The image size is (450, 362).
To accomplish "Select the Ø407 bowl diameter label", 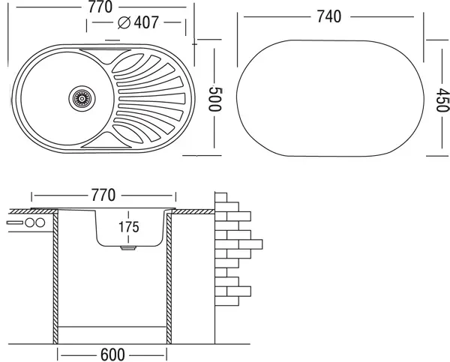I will coord(139,22).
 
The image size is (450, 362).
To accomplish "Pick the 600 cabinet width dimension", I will coord(114,353).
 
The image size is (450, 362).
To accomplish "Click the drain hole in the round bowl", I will coord(81,97).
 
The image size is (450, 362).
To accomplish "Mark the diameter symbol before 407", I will coord(124,22).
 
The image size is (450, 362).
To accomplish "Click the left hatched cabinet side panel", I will coord(55,277).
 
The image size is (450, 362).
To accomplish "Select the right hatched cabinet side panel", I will coord(169,277).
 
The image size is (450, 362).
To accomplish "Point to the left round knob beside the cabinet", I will coord(28,223).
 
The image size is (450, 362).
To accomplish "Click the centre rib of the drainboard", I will coord(150,97).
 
